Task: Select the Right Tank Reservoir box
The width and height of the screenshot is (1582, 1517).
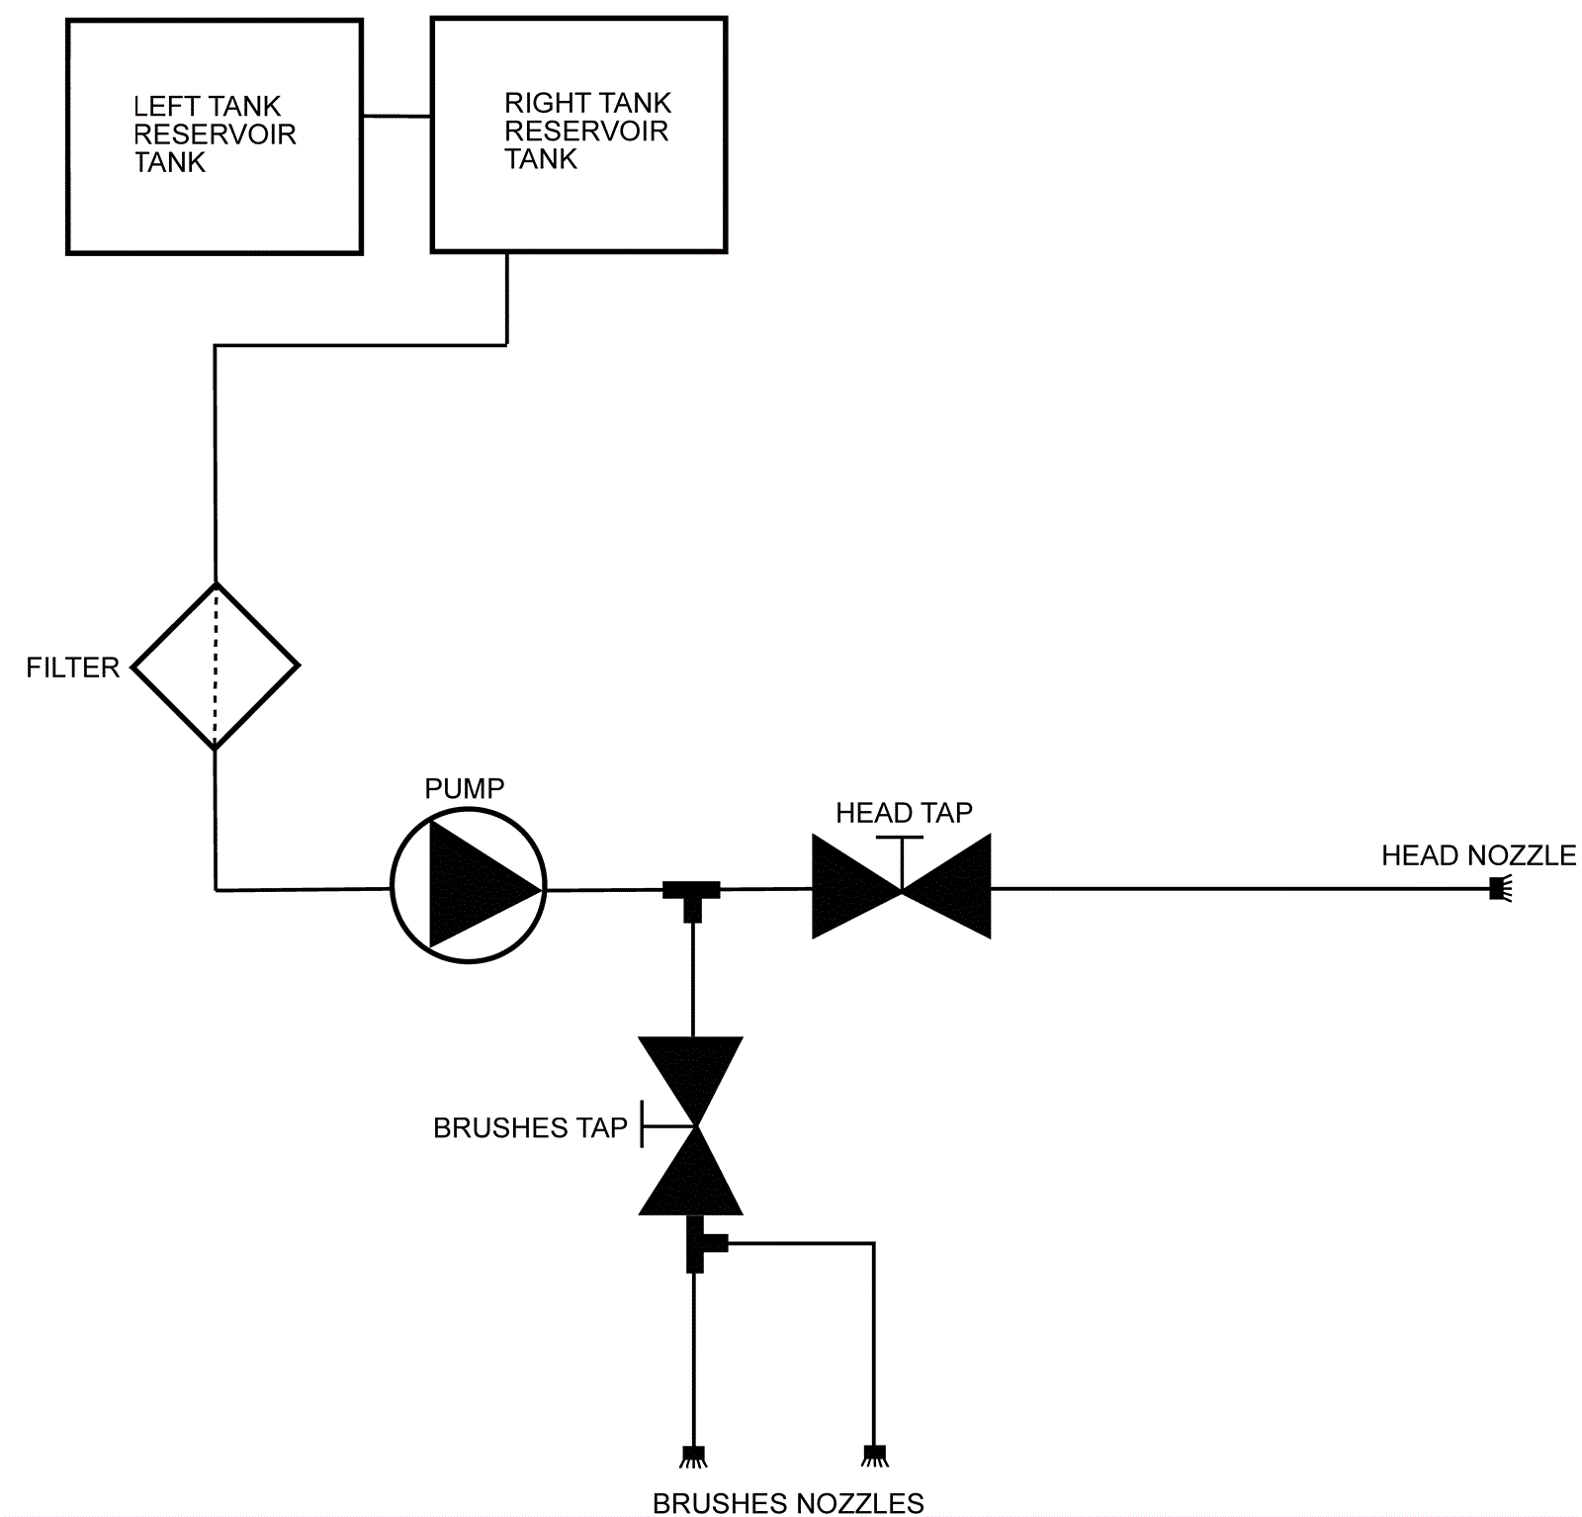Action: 578,208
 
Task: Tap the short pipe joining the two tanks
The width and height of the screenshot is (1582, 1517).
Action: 396,117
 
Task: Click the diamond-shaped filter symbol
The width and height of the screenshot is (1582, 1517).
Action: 215,666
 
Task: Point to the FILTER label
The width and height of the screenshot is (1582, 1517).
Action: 72,668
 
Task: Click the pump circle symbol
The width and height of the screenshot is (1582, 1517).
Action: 468,886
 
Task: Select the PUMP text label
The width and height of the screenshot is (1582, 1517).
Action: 465,788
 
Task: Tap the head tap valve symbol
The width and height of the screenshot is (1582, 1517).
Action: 901,886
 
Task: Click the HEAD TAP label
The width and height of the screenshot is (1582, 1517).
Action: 904,813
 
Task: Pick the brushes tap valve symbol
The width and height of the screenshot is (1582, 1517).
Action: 691,1125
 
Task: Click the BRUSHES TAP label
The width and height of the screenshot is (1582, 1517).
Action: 530,1128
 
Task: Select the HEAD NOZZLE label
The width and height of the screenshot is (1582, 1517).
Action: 1478,855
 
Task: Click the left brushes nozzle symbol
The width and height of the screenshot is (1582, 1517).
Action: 692,1456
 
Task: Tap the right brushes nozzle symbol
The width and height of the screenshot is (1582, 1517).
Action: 873,1455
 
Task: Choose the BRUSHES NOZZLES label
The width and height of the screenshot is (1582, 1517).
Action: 788,1503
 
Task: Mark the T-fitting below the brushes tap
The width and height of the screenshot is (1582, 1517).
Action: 700,1244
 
